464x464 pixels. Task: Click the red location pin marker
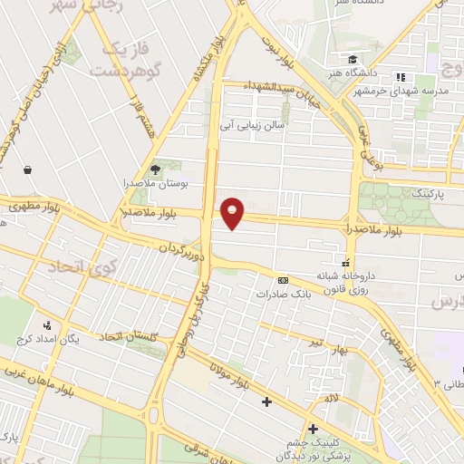pyautogui.click(x=234, y=213)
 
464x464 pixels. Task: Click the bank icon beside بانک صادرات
pyautogui.click(x=283, y=280)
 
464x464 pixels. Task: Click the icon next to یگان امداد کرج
pyautogui.click(x=46, y=324)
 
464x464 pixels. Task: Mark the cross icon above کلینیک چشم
pyautogui.click(x=313, y=429)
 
